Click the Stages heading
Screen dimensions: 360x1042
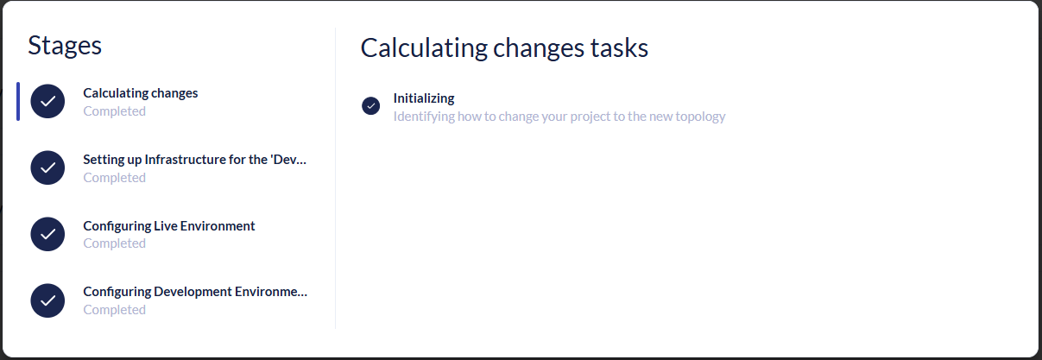click(65, 46)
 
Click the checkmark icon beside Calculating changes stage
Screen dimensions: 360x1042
click(48, 102)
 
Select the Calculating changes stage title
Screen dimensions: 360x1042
click(141, 93)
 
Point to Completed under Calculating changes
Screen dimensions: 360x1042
click(114, 111)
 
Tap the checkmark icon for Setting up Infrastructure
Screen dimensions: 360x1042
click(48, 167)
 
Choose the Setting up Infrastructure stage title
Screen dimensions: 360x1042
click(194, 160)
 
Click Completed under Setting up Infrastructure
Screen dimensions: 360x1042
click(114, 178)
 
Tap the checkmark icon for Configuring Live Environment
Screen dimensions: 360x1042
click(48, 234)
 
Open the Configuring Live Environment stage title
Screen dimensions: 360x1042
click(169, 226)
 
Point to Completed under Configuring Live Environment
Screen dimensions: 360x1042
click(114, 243)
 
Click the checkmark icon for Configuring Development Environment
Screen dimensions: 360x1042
click(48, 300)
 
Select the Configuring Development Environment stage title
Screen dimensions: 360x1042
click(195, 292)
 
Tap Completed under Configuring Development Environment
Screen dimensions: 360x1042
click(114, 310)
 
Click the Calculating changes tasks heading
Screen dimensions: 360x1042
click(504, 48)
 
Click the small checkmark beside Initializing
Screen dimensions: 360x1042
click(371, 106)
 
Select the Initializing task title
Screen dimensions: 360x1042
click(424, 98)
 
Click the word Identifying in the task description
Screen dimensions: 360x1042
click(422, 117)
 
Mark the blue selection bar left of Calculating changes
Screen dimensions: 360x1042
click(18, 102)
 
